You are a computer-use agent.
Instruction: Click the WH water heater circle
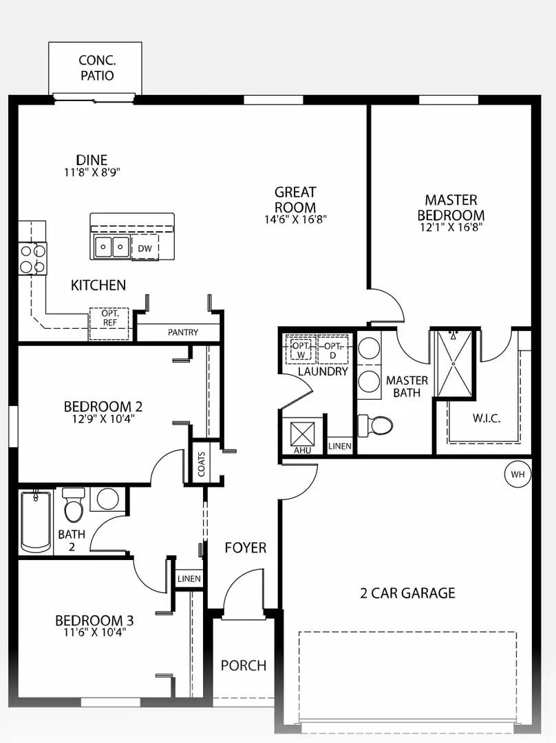point(517,474)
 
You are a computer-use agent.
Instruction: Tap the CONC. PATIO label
point(96,68)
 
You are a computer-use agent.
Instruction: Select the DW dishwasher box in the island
point(145,248)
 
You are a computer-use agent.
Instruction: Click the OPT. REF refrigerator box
point(109,323)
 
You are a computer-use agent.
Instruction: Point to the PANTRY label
point(183,332)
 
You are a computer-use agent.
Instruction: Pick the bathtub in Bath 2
point(35,521)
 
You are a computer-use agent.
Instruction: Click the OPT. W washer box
point(301,350)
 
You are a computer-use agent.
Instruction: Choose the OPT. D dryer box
point(333,350)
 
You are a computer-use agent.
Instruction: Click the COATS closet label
point(202,465)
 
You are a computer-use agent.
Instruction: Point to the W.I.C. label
point(486,418)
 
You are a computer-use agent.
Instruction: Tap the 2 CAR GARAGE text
point(407,593)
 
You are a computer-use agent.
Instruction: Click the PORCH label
point(244,665)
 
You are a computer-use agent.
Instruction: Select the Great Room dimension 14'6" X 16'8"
point(295,220)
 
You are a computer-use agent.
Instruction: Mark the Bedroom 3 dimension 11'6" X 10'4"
point(89,632)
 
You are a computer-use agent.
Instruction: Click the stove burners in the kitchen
point(32,258)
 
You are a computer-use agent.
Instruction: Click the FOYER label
point(246,548)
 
